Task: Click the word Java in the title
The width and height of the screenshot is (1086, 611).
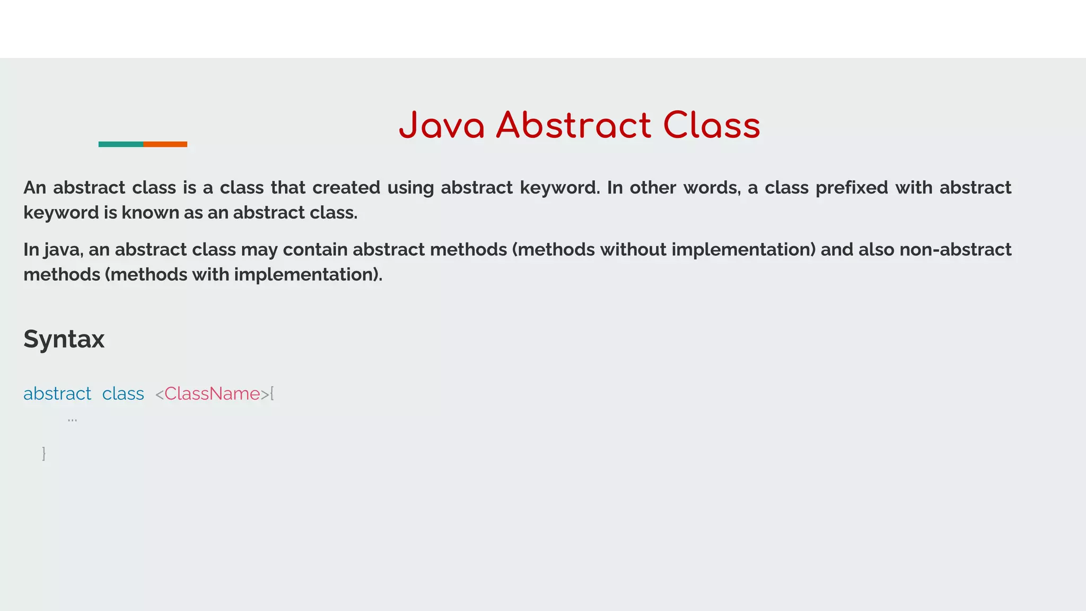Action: tap(442, 126)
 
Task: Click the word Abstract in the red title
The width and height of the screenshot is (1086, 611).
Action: tap(573, 126)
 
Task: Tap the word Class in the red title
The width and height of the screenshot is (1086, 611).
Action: tap(712, 126)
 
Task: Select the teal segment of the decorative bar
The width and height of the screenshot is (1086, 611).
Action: tap(120, 144)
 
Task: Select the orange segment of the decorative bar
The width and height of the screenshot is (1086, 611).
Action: tap(165, 144)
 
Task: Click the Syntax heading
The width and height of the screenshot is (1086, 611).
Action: tap(64, 339)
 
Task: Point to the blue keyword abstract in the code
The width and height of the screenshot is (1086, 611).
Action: tap(57, 394)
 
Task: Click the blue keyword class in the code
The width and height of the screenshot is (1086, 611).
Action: tap(123, 394)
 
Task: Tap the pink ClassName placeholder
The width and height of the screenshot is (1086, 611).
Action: tap(212, 394)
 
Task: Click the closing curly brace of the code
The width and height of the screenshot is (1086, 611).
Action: tap(44, 453)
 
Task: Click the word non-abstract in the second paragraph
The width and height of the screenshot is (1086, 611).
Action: tap(956, 250)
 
